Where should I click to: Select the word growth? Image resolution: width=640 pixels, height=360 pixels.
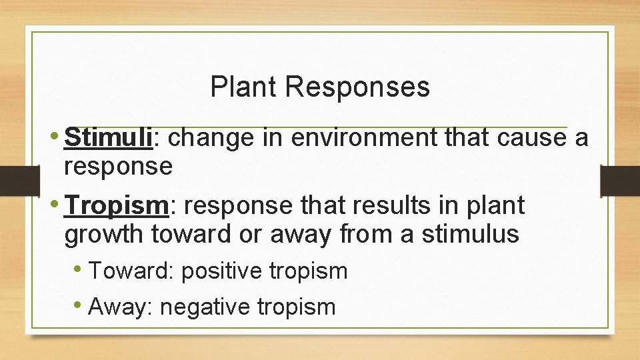(104, 235)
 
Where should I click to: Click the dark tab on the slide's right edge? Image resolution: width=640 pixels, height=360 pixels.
(619, 181)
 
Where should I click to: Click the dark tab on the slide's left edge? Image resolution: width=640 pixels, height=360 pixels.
(13, 181)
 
